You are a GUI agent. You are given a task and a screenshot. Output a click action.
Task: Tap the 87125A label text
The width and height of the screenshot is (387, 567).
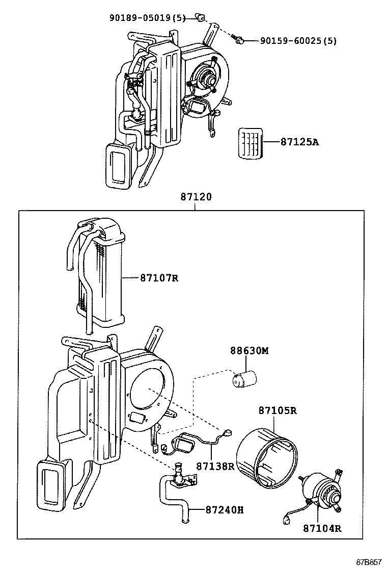(x=299, y=142)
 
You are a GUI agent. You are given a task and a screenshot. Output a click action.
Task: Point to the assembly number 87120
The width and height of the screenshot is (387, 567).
(x=195, y=197)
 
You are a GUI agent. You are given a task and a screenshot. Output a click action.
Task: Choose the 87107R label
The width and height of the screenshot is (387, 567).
(x=159, y=278)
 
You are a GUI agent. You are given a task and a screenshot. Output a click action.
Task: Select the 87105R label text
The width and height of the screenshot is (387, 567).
(x=277, y=410)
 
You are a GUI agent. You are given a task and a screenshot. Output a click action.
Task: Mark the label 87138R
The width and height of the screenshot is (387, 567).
(x=215, y=466)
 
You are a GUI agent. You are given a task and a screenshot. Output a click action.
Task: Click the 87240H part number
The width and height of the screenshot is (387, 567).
(x=225, y=509)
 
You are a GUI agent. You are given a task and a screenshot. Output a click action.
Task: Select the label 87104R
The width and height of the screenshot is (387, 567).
(x=322, y=528)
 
